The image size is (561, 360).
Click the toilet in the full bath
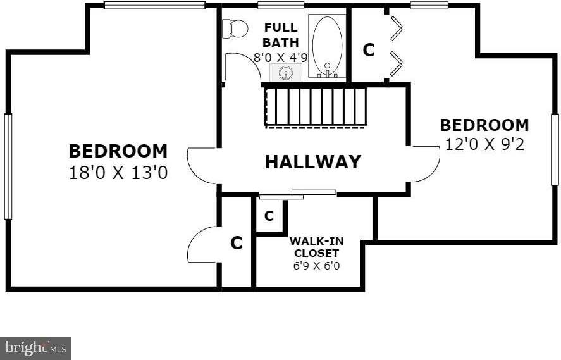point(235,28)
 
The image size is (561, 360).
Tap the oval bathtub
point(327,47)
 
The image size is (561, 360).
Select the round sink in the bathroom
point(285,73)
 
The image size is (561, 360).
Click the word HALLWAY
point(312,161)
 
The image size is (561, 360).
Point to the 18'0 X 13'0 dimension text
point(118,173)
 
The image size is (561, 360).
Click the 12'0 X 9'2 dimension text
point(484,145)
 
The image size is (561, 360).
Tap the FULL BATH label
point(281,35)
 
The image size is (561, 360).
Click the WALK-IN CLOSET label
point(316,247)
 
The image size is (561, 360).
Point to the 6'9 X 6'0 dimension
point(316,266)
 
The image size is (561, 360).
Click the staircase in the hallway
point(316,107)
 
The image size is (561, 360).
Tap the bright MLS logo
point(35,348)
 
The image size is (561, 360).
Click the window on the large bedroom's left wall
point(8,166)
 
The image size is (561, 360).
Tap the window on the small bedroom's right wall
point(555,149)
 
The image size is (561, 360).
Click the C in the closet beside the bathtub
point(369,50)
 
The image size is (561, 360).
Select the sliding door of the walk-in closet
point(298,194)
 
